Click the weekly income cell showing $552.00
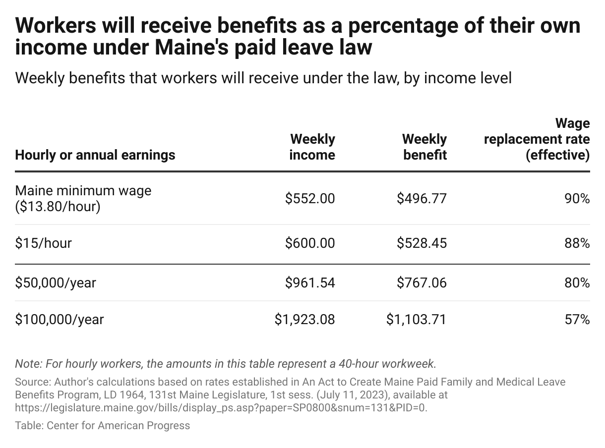click(310, 199)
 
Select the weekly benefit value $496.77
click(422, 199)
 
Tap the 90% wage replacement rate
click(577, 199)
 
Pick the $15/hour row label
click(44, 243)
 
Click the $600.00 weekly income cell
click(310, 243)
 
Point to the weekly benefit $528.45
click(422, 243)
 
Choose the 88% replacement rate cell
click(577, 243)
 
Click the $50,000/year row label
click(56, 283)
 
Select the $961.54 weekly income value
click(310, 283)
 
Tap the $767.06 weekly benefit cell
click(422, 283)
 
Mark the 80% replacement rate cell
click(577, 283)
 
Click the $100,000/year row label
click(60, 320)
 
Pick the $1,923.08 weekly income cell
click(305, 320)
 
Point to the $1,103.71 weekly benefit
click(416, 320)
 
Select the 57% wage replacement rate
click(577, 320)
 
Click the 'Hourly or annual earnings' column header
click(95, 155)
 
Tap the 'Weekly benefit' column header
click(424, 147)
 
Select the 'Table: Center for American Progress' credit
click(103, 425)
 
